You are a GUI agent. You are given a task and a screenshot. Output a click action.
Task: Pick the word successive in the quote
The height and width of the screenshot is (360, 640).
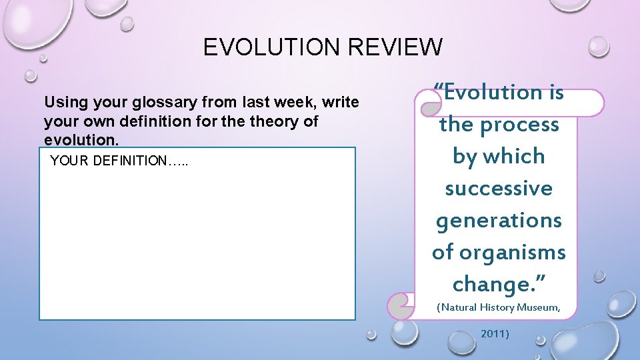tap(499, 189)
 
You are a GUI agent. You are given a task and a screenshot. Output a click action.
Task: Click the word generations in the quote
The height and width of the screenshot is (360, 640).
tap(499, 220)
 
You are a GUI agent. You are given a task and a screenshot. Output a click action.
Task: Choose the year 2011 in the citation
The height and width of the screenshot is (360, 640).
tap(495, 333)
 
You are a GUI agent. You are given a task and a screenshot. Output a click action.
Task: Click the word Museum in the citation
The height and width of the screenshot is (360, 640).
tap(536, 307)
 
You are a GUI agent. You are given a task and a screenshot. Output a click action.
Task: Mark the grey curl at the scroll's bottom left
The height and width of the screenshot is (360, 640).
tap(400, 306)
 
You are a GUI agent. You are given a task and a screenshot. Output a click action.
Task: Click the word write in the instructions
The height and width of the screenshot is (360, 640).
tap(342, 103)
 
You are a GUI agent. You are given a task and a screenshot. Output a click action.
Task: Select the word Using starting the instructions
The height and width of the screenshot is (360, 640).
tap(62, 103)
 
